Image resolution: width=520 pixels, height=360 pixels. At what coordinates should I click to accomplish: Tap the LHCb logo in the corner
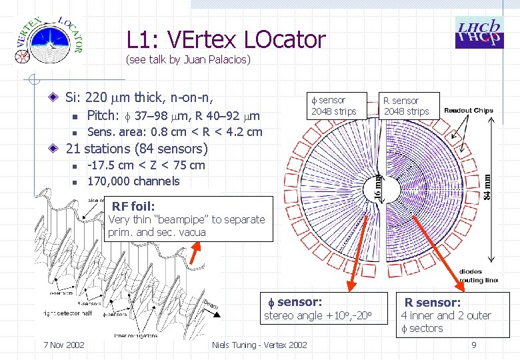pos(478,31)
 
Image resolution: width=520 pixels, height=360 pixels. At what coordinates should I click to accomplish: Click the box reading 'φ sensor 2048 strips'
pos(333,105)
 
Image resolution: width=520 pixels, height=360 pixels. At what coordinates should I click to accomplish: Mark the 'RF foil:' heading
pos(133,207)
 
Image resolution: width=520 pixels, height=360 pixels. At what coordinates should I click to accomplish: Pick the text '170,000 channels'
pos(133,181)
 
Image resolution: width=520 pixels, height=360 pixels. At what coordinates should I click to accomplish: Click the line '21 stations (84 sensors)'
pos(137,149)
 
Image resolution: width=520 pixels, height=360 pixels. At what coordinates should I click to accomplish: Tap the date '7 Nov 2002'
pos(63,345)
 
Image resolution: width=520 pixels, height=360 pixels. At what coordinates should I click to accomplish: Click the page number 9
pos(473,345)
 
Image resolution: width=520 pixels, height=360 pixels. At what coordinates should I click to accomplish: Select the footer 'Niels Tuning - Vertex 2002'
pos(259,345)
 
